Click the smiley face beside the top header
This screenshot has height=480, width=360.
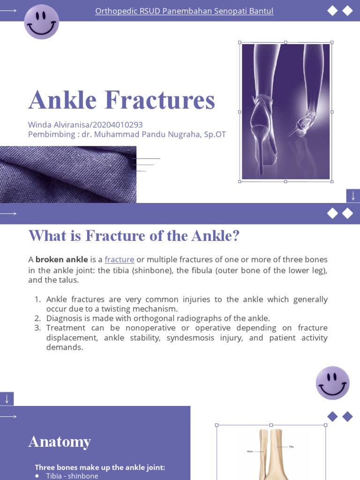coord(42,22)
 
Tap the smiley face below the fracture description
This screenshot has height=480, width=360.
coord(332,383)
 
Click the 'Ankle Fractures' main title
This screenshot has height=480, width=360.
coord(122,100)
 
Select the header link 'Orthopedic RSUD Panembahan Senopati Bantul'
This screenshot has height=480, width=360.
coord(184,11)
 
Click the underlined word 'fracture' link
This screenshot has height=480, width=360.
coord(120,260)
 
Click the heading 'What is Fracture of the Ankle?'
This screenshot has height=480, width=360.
coord(134,236)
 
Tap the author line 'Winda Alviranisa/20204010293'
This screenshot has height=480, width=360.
coord(85,125)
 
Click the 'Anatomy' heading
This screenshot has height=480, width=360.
coord(60,442)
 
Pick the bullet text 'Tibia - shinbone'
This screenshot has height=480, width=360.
coord(72,476)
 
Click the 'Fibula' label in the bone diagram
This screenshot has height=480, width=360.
coord(250,451)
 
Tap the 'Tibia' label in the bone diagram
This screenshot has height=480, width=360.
coord(292,447)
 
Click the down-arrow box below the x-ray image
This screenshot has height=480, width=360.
coord(353,196)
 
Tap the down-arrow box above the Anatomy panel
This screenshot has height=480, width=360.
coord(7,399)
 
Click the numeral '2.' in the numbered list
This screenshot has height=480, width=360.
coord(38,318)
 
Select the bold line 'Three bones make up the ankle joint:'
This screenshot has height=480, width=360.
coord(100,467)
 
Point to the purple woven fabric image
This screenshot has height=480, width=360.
coord(68,174)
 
